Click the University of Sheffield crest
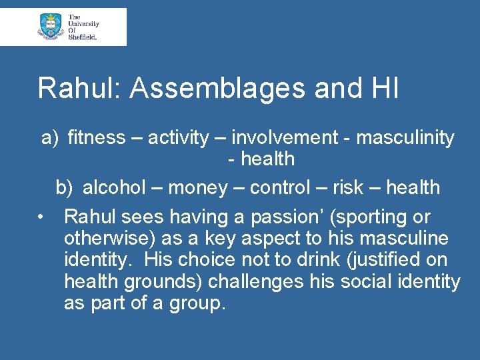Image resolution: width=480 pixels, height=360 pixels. point(50,26)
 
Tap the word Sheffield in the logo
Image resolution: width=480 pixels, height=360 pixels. point(83,37)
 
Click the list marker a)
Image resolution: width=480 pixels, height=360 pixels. point(50,138)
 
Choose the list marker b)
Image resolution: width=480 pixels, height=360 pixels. point(64,188)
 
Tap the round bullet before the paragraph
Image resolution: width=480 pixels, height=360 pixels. point(41,217)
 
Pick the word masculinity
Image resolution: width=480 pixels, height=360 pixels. point(405,138)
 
